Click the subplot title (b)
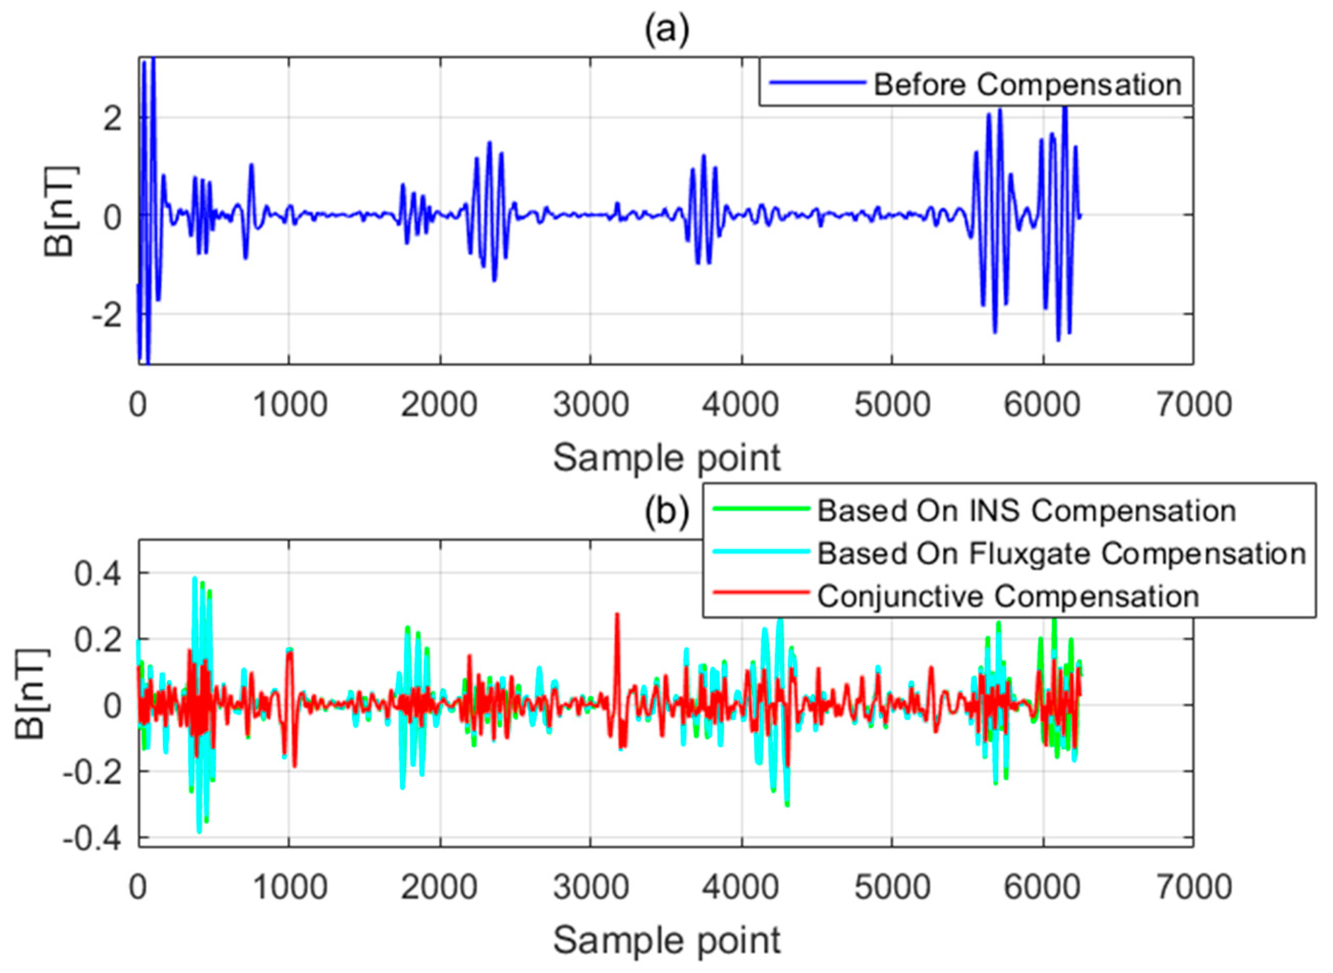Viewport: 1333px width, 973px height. tap(666, 512)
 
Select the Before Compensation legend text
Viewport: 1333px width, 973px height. tap(1027, 85)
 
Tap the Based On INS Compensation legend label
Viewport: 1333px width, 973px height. tap(1026, 511)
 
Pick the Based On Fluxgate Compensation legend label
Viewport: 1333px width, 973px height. tap(1061, 554)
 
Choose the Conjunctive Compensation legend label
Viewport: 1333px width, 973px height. tap(1008, 597)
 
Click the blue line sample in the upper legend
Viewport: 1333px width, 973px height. tap(817, 83)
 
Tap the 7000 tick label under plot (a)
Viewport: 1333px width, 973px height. tap(1194, 406)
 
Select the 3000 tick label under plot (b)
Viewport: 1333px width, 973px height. tap(590, 888)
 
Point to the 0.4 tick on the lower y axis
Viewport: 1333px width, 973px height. tap(98, 574)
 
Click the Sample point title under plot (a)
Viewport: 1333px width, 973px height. tap(666, 459)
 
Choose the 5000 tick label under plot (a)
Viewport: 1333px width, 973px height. tap(892, 406)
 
